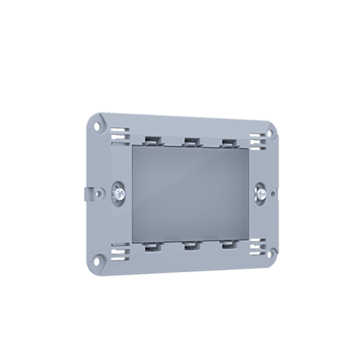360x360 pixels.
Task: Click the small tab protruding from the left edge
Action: pyautogui.click(x=90, y=193)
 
